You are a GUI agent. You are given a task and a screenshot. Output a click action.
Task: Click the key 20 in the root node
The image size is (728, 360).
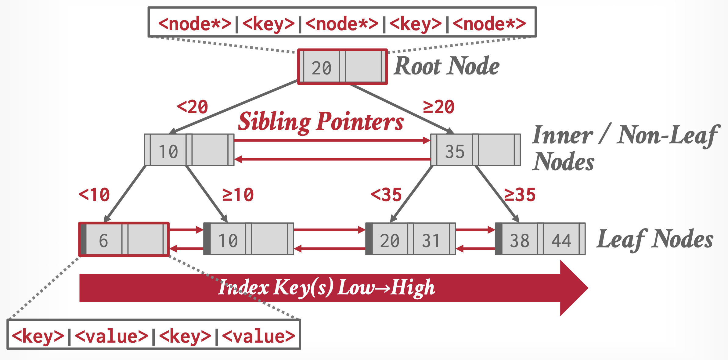point(321,68)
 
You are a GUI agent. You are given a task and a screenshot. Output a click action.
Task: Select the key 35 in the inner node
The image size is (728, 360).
point(455,151)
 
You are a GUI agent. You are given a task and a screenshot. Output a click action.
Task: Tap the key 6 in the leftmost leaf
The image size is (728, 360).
point(103,240)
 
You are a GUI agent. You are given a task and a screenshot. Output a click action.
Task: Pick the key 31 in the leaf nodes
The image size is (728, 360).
point(431,240)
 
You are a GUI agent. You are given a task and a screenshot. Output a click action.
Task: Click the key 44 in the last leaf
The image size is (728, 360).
point(561,240)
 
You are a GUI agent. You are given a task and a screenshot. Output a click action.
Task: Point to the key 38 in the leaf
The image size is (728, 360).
point(520,240)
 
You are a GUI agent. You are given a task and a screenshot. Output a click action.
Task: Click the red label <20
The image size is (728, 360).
point(193,107)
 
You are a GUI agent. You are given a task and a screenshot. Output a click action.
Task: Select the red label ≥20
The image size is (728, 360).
point(439,107)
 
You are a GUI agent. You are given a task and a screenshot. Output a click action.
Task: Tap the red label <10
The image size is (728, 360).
point(94,195)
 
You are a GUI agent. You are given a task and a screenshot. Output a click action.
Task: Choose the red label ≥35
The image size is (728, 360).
point(520,195)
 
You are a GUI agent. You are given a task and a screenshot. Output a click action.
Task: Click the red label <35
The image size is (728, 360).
point(386,195)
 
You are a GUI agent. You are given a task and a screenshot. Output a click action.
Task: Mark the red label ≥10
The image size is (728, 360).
point(238,195)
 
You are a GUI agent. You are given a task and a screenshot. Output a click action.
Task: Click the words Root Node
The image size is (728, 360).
point(446,66)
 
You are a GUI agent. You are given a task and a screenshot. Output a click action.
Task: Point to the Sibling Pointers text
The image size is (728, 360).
point(321,122)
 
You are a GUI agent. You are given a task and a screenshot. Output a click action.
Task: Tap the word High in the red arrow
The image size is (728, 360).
point(413,288)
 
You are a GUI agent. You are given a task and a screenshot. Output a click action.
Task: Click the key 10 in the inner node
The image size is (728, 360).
point(168,151)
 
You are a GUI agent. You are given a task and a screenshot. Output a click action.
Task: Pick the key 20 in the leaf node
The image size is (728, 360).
point(390,240)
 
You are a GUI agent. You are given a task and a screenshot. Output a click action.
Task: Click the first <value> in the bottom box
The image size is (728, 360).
point(111,336)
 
